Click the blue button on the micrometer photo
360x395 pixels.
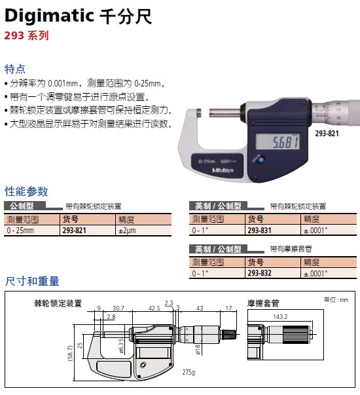(261, 159)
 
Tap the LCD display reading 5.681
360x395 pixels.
(278, 141)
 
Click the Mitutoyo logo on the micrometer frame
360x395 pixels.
(223, 170)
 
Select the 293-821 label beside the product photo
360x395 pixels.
(327, 133)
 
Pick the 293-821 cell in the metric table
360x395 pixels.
(74, 230)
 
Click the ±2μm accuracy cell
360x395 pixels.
(127, 231)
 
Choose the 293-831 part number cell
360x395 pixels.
(260, 230)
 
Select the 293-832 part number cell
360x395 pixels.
(260, 273)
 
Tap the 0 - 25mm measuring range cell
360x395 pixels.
(20, 230)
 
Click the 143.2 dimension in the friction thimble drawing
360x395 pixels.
(280, 316)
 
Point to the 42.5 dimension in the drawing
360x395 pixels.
(154, 308)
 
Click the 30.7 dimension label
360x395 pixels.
(118, 308)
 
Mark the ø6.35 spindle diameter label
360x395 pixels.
(121, 346)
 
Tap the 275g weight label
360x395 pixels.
(189, 372)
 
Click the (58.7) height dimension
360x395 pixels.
(71, 353)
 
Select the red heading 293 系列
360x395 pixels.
(26, 35)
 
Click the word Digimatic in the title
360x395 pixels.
(49, 16)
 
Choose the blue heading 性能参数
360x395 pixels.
(26, 191)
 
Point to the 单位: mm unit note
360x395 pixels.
(336, 300)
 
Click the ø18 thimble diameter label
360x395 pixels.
(198, 350)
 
